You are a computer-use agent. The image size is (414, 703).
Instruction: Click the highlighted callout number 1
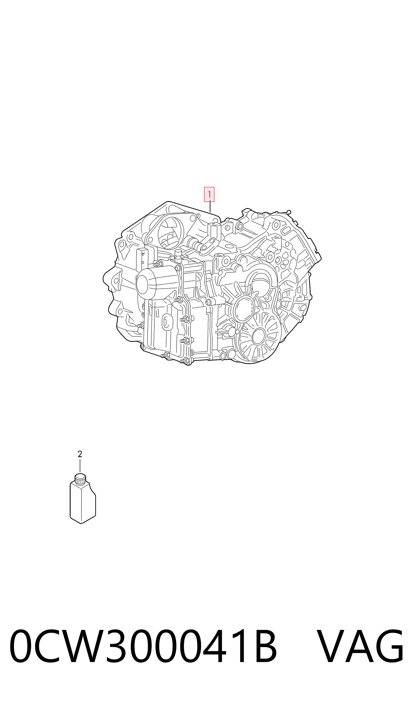(209, 194)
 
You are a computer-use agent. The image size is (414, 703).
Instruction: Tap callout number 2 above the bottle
(80, 454)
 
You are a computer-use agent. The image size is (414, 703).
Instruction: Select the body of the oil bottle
(83, 503)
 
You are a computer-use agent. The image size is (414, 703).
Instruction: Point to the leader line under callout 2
(80, 466)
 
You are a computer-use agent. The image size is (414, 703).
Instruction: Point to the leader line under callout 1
(210, 207)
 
